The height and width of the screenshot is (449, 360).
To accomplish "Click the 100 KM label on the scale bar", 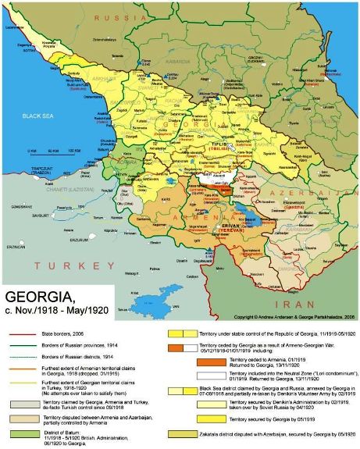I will pos(74,150).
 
